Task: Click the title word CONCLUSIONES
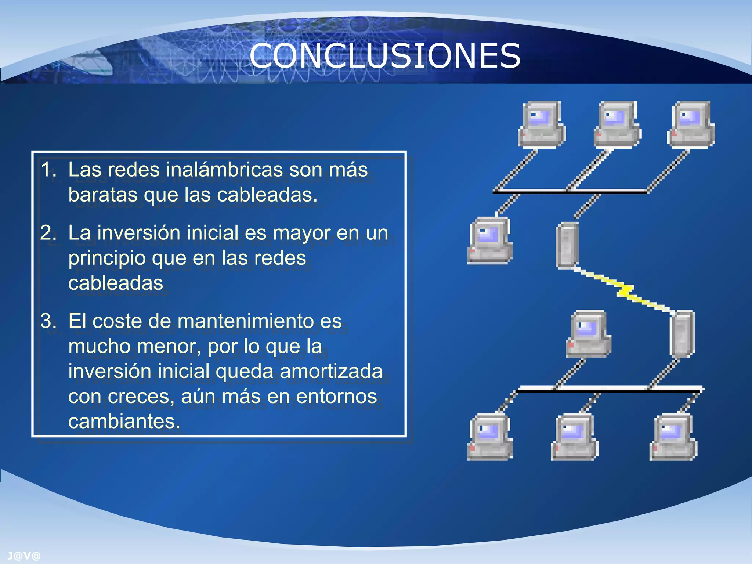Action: pos(385,56)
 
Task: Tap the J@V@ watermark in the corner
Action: pos(24,556)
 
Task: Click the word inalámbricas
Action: pos(225,170)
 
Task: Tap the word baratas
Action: pos(104,195)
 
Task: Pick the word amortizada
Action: pos(331,371)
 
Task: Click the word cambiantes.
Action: pos(124,421)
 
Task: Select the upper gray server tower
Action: pos(567,245)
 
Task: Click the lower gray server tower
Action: pos(682,333)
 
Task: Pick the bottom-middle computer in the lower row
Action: pos(575,437)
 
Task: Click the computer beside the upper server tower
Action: pos(490,241)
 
